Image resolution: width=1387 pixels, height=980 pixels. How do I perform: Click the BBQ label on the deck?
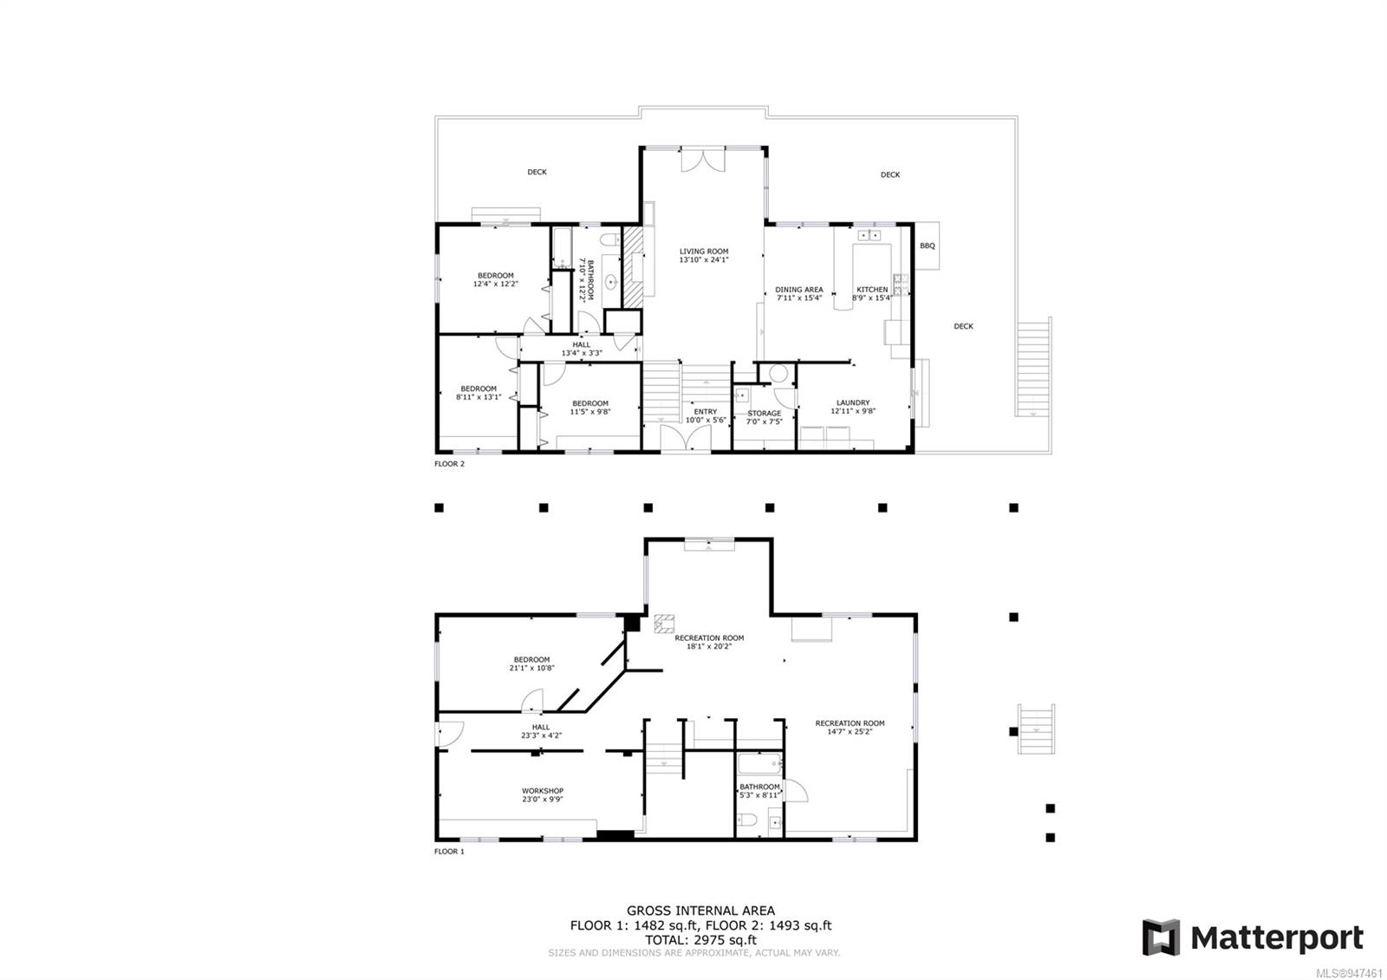click(x=927, y=246)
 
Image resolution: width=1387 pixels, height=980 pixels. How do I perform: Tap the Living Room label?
click(x=704, y=252)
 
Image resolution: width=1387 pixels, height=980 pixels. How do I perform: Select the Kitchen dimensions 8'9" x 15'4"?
click(x=872, y=298)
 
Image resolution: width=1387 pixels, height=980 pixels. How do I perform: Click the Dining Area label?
click(x=798, y=290)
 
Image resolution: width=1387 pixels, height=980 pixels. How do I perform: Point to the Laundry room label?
click(x=853, y=402)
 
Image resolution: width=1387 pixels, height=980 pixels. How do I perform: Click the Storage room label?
click(x=764, y=414)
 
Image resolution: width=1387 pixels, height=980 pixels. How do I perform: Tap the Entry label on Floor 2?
click(x=705, y=412)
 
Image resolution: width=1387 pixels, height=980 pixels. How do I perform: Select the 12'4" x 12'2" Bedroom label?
click(x=496, y=276)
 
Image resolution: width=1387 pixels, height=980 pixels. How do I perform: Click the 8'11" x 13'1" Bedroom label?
click(x=479, y=389)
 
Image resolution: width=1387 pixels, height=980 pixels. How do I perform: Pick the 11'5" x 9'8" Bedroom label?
click(x=589, y=403)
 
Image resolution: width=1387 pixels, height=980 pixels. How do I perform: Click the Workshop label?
click(x=543, y=791)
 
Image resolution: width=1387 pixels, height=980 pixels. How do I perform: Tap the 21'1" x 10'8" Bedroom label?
click(x=531, y=660)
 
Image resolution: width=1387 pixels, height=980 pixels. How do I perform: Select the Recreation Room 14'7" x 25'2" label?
click(x=850, y=723)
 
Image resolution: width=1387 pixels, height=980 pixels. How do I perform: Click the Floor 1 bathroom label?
click(x=759, y=787)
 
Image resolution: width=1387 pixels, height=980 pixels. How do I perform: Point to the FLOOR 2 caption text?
click(x=449, y=464)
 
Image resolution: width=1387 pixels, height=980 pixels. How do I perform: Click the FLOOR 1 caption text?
click(x=449, y=852)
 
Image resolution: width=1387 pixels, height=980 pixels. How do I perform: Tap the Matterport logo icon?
click(x=1160, y=938)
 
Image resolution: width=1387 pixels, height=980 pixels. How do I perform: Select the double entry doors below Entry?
click(x=685, y=437)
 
